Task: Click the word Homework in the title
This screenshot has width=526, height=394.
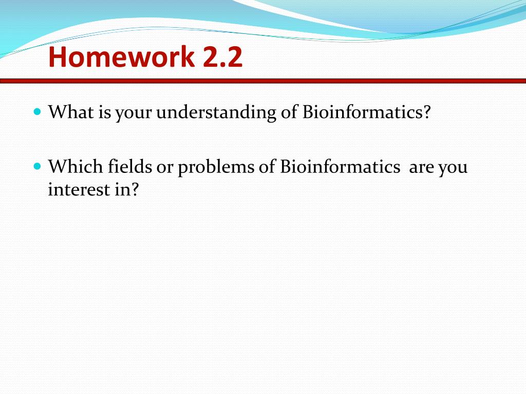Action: (x=121, y=57)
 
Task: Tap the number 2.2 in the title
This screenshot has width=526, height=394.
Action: (x=222, y=57)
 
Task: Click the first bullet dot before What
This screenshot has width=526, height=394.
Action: (x=36, y=111)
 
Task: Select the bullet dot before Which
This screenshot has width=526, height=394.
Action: (x=36, y=166)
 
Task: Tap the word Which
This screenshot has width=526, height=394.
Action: (x=76, y=167)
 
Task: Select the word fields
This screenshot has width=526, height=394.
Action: (x=127, y=167)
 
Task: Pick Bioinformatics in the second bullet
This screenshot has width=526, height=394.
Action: (x=340, y=167)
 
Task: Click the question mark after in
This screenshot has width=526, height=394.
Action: (x=135, y=190)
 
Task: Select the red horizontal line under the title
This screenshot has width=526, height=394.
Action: (x=263, y=81)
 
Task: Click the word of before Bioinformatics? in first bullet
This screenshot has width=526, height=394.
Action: (x=289, y=112)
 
